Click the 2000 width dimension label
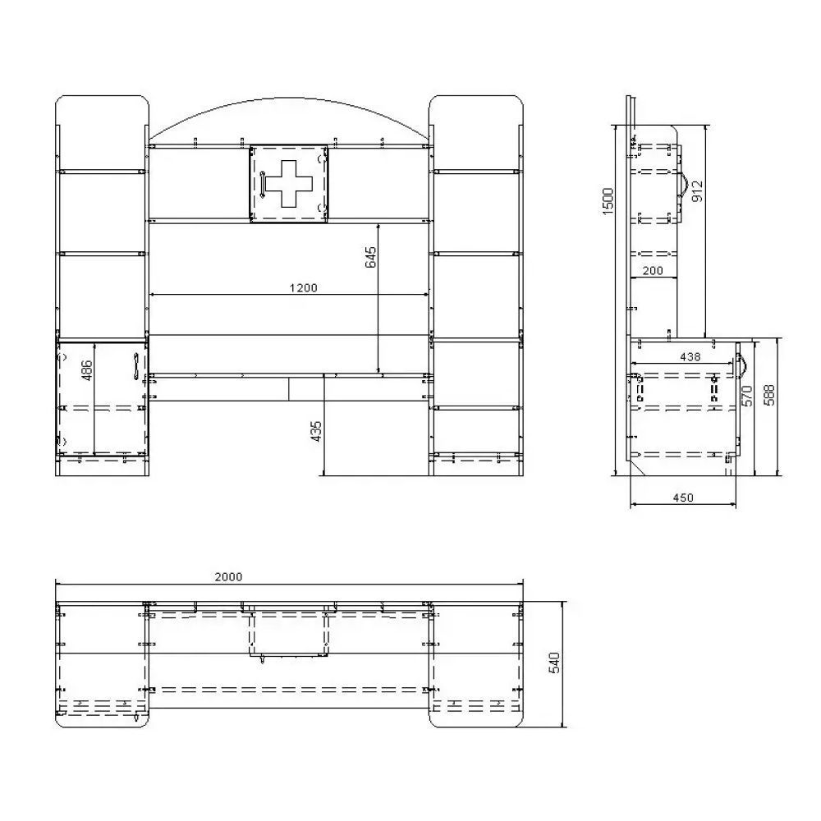click(228, 577)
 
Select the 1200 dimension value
click(303, 288)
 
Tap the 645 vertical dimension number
click(370, 257)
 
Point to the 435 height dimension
click(316, 432)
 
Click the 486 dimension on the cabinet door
click(87, 370)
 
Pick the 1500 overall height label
click(608, 201)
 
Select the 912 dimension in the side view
click(697, 191)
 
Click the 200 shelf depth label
click(653, 271)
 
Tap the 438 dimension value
click(690, 357)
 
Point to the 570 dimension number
click(747, 396)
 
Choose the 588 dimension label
click(768, 395)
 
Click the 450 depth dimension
click(683, 498)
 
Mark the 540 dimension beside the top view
click(554, 663)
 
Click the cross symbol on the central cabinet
click(289, 183)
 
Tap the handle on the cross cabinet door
click(262, 184)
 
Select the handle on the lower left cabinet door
click(135, 366)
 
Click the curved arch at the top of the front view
click(289, 98)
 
